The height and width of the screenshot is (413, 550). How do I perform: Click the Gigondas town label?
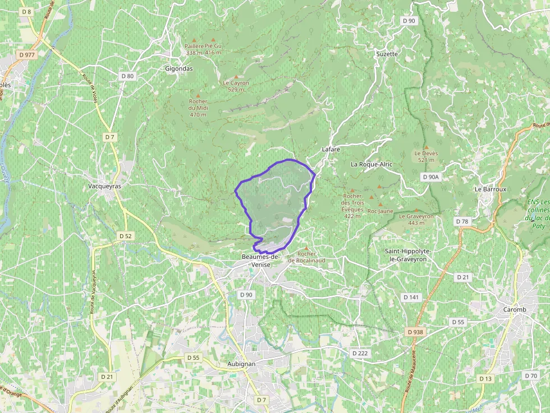pyautogui.click(x=179, y=68)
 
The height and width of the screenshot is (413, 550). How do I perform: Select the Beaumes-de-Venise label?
pyautogui.click(x=260, y=259)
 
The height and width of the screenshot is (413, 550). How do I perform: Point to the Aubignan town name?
pyautogui.click(x=242, y=364)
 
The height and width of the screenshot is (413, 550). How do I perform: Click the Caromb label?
pyautogui.click(x=515, y=309)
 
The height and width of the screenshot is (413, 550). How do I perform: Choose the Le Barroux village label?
pyautogui.click(x=491, y=189)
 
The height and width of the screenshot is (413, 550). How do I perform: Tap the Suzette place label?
pyautogui.click(x=387, y=54)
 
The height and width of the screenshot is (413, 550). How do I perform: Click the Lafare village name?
pyautogui.click(x=331, y=150)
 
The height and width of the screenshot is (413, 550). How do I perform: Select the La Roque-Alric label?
pyautogui.click(x=372, y=164)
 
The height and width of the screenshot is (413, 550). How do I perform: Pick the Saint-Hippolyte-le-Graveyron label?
pyautogui.click(x=406, y=255)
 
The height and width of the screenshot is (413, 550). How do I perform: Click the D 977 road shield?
pyautogui.click(x=26, y=55)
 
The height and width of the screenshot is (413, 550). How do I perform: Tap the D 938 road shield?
pyautogui.click(x=415, y=332)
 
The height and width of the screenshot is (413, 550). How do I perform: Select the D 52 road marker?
pyautogui.click(x=126, y=236)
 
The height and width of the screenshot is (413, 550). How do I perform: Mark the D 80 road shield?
pyautogui.click(x=127, y=76)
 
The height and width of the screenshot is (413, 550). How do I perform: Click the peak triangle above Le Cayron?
pyautogui.click(x=236, y=77)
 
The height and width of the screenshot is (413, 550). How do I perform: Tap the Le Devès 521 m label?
pyautogui.click(x=426, y=156)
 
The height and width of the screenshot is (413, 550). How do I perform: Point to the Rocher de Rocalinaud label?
pyautogui.click(x=306, y=257)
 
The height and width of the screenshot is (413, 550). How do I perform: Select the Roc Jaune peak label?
pyautogui.click(x=380, y=211)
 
